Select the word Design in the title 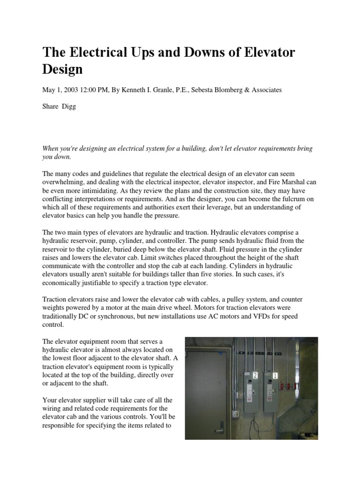click(62, 69)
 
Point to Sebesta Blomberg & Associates click(238, 90)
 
